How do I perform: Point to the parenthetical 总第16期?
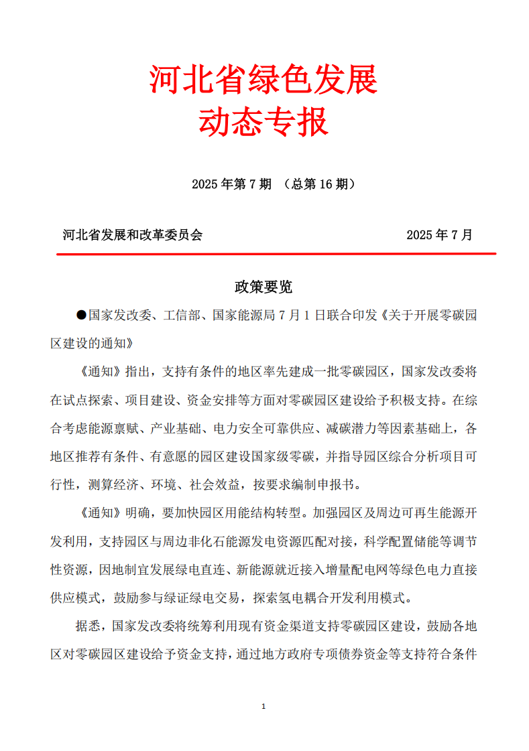tap(319, 184)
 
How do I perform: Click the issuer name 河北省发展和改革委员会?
tap(132, 235)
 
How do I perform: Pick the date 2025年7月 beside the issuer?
tap(439, 235)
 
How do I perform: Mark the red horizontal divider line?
tap(276, 254)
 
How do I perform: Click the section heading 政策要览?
tap(263, 287)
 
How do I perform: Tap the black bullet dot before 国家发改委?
tap(82, 315)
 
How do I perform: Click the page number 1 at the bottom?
tap(263, 706)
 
